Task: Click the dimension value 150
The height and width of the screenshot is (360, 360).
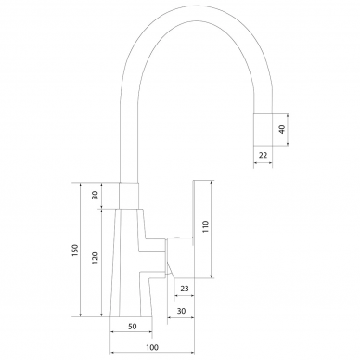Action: (x=75, y=250)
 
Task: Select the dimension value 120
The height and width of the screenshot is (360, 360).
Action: (x=95, y=258)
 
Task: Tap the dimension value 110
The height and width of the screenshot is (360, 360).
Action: (x=206, y=226)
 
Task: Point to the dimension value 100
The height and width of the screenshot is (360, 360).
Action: (x=152, y=347)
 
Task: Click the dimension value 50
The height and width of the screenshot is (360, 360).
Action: (x=132, y=327)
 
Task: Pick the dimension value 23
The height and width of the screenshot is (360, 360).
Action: (x=185, y=289)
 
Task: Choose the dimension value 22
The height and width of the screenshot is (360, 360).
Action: (x=263, y=155)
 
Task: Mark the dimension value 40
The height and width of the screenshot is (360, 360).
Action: (x=282, y=129)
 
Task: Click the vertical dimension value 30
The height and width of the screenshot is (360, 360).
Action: (x=96, y=195)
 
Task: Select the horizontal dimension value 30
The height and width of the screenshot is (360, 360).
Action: (x=181, y=311)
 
